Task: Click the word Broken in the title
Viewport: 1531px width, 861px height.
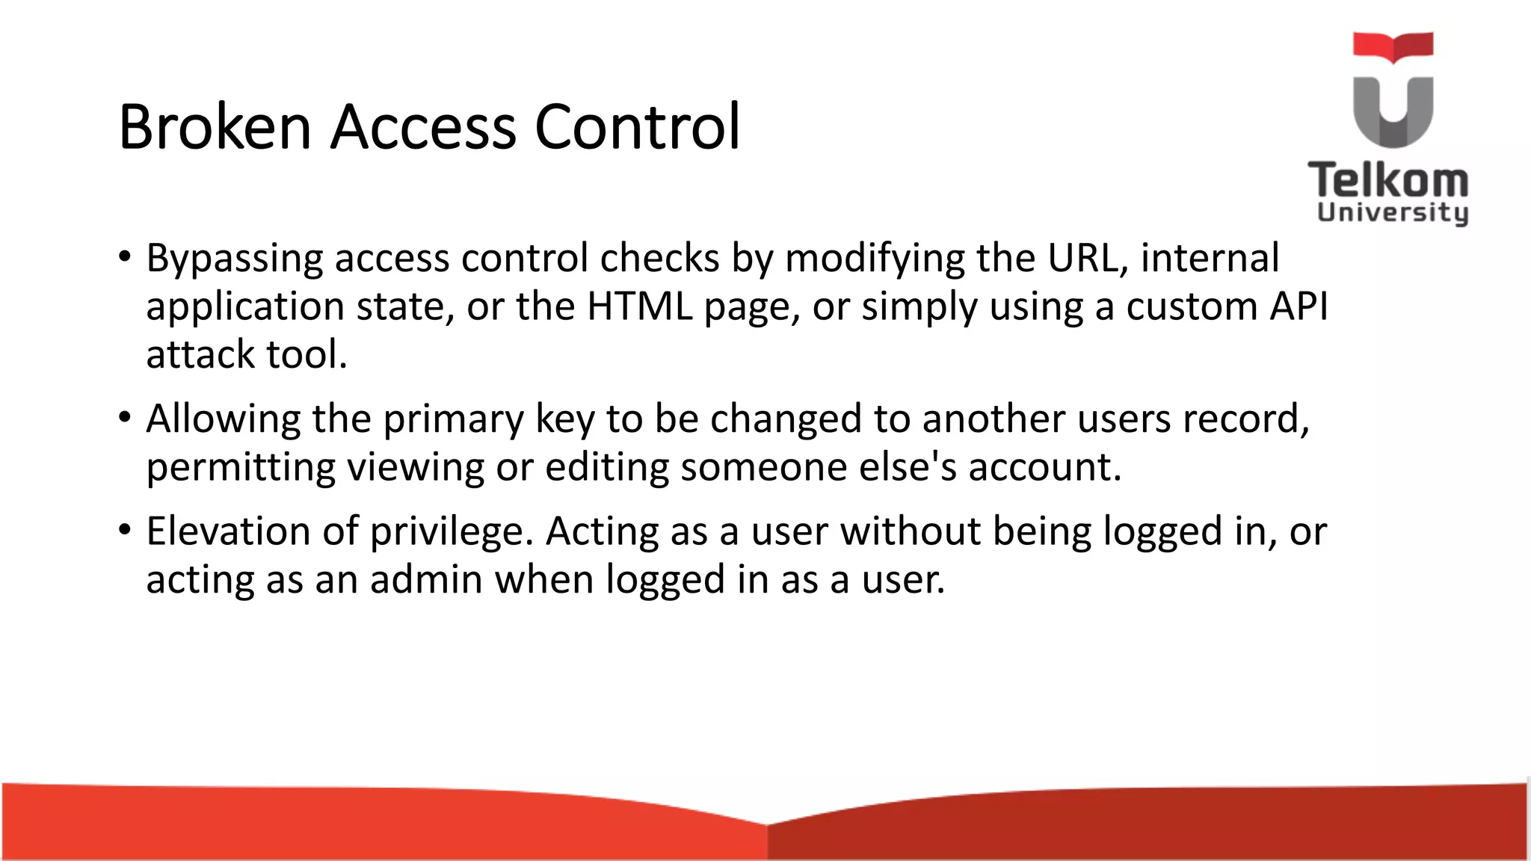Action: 215,127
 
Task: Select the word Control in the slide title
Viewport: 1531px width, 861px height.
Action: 637,127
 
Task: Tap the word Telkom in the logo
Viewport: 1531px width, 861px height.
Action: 1388,182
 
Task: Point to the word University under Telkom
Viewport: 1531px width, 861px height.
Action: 1393,213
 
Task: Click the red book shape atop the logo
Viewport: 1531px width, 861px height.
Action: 1393,46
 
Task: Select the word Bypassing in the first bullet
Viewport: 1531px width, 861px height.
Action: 234,259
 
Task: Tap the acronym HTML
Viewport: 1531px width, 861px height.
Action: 640,306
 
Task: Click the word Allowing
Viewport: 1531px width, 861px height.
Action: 223,419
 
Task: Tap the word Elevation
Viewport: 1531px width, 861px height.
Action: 228,531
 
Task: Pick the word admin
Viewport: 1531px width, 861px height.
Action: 426,579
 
